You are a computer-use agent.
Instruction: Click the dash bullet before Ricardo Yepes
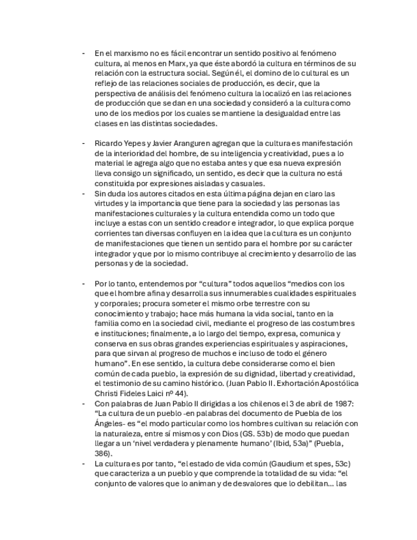(83, 143)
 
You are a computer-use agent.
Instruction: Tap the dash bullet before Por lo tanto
(83, 283)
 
